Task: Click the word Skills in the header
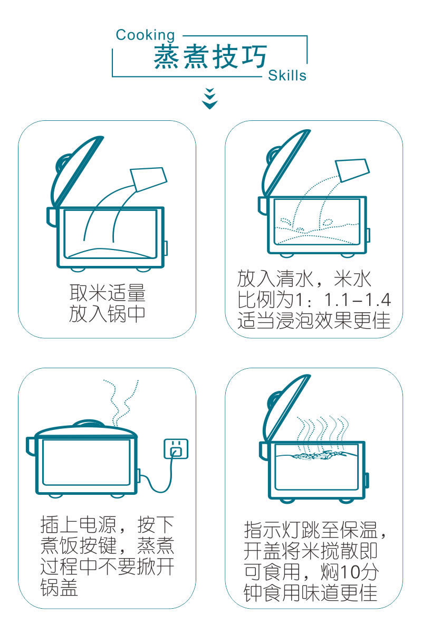[x=287, y=75]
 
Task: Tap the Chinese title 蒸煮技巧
[x=210, y=56]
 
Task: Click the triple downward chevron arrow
[x=210, y=99]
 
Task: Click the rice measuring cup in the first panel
[x=149, y=179]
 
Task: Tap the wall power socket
[x=176, y=448]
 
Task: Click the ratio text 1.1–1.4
[x=358, y=300]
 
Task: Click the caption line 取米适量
[x=108, y=293]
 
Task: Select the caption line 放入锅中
[x=107, y=313]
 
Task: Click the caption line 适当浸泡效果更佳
[x=314, y=321]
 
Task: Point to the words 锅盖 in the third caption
[x=59, y=588]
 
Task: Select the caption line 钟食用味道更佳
[x=310, y=592]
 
